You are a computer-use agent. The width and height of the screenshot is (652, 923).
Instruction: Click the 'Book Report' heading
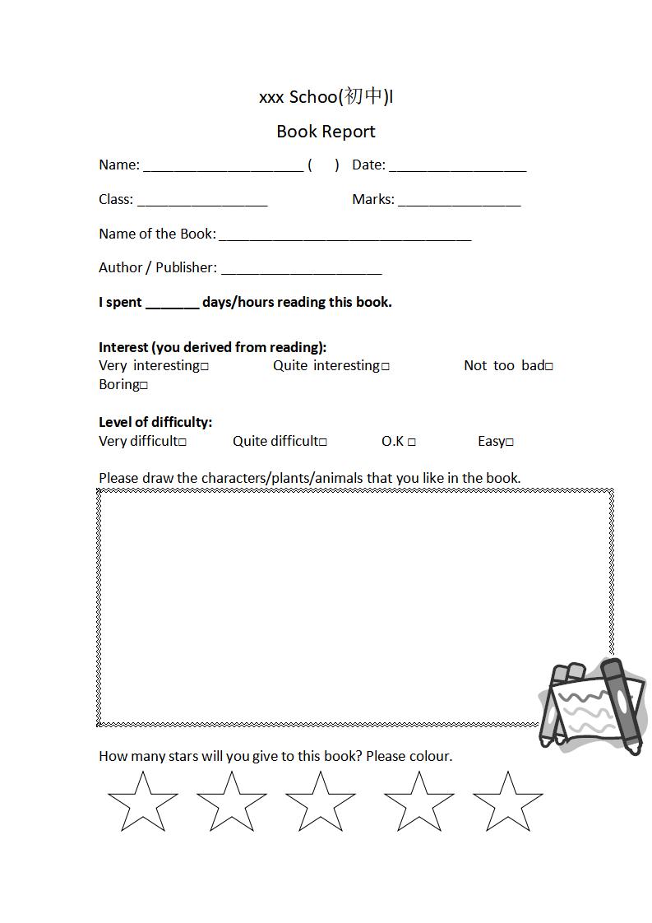326,132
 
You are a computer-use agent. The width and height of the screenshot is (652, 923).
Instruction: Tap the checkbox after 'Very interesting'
205,367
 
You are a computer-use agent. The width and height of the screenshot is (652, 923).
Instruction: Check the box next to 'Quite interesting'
386,367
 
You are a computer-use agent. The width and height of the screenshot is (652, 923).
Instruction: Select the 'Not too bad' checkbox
549,367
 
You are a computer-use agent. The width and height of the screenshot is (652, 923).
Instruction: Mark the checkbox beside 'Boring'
144,386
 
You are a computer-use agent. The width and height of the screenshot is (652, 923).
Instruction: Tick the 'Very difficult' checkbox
183,443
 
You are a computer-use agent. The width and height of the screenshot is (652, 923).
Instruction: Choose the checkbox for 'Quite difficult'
323,443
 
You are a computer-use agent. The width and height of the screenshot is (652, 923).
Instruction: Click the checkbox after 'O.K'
411,443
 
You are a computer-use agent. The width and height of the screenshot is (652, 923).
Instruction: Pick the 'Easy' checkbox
510,443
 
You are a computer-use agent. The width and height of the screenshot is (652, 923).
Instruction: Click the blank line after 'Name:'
223,167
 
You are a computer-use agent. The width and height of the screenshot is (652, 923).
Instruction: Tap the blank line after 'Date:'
457,167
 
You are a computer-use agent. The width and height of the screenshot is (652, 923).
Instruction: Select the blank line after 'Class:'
202,202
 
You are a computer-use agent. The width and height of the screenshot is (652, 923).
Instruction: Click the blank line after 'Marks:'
459,202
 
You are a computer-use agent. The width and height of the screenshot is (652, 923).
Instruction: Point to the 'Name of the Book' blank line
344,236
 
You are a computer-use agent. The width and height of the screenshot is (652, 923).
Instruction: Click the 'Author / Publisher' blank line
301,270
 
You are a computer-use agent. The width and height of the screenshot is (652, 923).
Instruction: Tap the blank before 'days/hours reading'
172,304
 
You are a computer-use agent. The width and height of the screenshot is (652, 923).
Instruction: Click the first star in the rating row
142,803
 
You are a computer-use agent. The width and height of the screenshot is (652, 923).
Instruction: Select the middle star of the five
320,803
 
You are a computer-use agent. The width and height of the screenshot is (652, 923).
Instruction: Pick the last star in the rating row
507,803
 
